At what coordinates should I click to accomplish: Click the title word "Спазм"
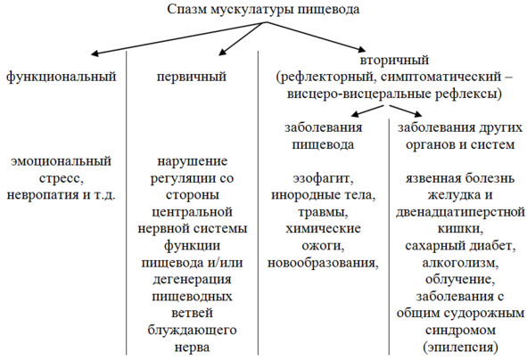(187, 10)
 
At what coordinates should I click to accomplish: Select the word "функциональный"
(62, 77)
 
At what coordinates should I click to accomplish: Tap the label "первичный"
(192, 77)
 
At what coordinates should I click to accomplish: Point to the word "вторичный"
(394, 61)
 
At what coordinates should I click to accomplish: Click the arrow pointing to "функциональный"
(178, 37)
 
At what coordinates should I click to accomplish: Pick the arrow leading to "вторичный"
(316, 37)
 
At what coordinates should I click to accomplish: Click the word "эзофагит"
(323, 178)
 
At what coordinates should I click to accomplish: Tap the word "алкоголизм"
(460, 263)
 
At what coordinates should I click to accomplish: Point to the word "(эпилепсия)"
(460, 348)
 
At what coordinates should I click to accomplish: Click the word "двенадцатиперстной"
(460, 213)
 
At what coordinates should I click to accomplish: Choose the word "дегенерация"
(192, 280)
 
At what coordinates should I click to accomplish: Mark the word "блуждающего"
(192, 330)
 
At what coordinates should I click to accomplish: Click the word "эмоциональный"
(62, 161)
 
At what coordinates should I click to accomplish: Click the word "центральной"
(192, 213)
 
